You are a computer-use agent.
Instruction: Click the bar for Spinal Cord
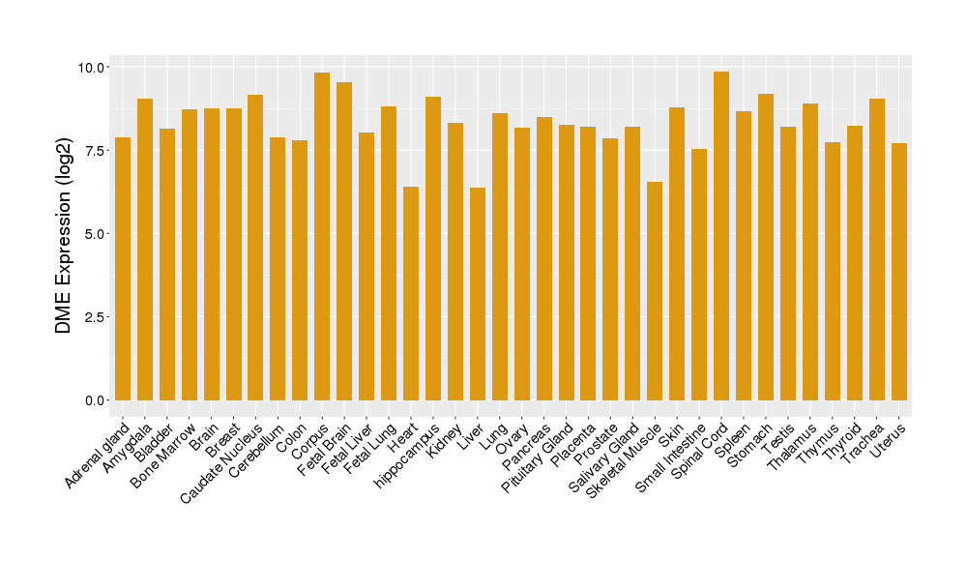pos(721,236)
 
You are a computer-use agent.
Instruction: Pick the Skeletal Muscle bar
pos(655,290)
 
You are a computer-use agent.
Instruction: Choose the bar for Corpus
pos(322,236)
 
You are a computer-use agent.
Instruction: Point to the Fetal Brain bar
pos(344,241)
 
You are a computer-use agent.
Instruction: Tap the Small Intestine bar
pos(699,275)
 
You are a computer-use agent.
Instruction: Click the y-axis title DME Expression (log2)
pos(64,234)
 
